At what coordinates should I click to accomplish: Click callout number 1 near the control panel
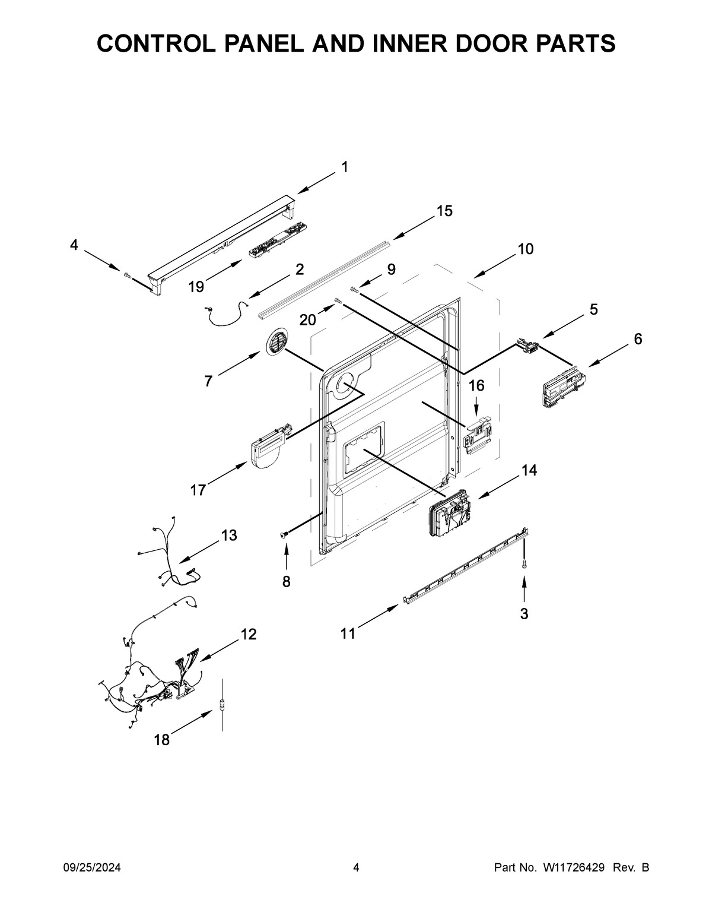coord(345,167)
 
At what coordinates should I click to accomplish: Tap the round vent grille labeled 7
coord(276,343)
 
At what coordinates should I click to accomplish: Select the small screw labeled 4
coord(126,274)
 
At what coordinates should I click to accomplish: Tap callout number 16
coord(476,386)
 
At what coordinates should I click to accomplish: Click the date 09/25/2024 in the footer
coord(92,868)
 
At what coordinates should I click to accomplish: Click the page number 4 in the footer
coord(356,868)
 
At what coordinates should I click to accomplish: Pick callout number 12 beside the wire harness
coord(249,634)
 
